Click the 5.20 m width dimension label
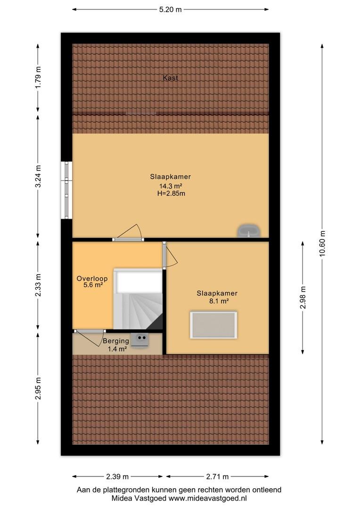pyautogui.click(x=170, y=9)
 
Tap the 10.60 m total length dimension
pyautogui.click(x=322, y=244)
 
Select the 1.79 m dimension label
pyautogui.click(x=38, y=77)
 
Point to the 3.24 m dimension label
pyautogui.click(x=38, y=176)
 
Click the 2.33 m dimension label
pyautogui.click(x=38, y=285)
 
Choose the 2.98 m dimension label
pyautogui.click(x=303, y=297)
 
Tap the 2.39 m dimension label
pyautogui.click(x=117, y=476)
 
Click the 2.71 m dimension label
pyautogui.click(x=217, y=476)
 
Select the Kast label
pyautogui.click(x=171, y=78)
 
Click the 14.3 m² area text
pyautogui.click(x=170, y=186)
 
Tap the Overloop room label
pyautogui.click(x=92, y=279)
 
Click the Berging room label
pyautogui.click(x=116, y=341)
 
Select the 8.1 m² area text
pyautogui.click(x=219, y=301)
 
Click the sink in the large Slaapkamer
pyautogui.click(x=249, y=230)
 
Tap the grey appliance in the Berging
pyautogui.click(x=140, y=339)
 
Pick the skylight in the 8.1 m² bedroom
pyautogui.click(x=213, y=325)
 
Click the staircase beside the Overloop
pyautogui.click(x=138, y=299)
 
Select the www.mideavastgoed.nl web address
pyautogui.click(x=208, y=498)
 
